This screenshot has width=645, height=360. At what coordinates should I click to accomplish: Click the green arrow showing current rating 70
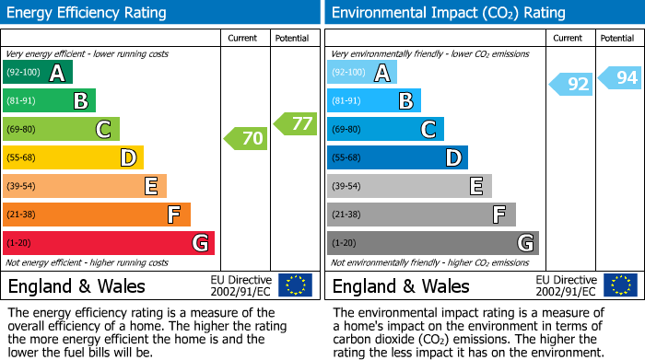click(x=246, y=139)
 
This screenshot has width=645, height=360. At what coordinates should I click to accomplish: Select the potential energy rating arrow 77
click(x=296, y=123)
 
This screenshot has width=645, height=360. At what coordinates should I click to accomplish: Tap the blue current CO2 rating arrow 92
click(x=571, y=85)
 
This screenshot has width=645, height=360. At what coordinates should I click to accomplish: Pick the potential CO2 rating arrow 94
click(x=620, y=78)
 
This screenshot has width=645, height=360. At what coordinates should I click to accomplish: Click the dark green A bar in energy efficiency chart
click(x=37, y=73)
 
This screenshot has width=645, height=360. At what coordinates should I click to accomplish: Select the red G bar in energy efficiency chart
click(x=108, y=243)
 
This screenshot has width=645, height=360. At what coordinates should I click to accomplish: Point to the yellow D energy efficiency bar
click(x=73, y=157)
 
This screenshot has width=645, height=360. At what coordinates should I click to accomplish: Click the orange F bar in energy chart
click(x=97, y=215)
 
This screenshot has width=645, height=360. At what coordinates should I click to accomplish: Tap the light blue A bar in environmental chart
click(x=361, y=73)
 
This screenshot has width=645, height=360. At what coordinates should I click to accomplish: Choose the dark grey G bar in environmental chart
click(x=432, y=243)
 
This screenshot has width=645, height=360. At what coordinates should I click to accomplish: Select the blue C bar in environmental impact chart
click(x=385, y=129)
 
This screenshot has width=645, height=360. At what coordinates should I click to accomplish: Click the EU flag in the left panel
click(x=295, y=285)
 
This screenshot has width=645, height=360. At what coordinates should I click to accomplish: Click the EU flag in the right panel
click(x=620, y=285)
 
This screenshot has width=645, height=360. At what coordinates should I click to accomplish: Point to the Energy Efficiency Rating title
click(x=88, y=13)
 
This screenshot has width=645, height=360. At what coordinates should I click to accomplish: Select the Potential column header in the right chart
click(x=616, y=38)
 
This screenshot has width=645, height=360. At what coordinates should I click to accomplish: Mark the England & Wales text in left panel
click(x=76, y=286)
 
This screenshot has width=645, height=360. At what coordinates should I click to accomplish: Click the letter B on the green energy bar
click(x=80, y=101)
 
